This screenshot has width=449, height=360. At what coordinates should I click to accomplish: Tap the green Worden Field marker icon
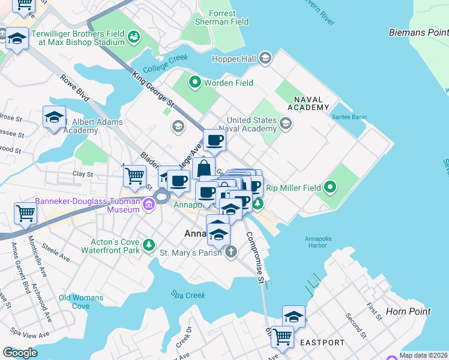pyautogui.click(x=194, y=83)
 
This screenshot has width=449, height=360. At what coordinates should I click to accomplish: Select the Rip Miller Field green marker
pyautogui.click(x=330, y=188)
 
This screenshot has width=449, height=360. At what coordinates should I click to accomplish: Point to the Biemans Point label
pyautogui.click(x=418, y=32)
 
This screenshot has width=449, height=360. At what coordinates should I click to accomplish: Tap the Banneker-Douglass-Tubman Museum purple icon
pyautogui.click(x=149, y=206)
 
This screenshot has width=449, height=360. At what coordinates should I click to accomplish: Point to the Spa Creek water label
pyautogui.click(x=188, y=295)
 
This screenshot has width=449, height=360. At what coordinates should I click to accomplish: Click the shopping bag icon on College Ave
pyautogui.click(x=204, y=167)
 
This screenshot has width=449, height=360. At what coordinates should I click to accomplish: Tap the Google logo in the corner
pyautogui.click(x=20, y=353)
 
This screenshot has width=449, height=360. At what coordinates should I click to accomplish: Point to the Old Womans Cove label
pyautogui.click(x=81, y=302)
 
